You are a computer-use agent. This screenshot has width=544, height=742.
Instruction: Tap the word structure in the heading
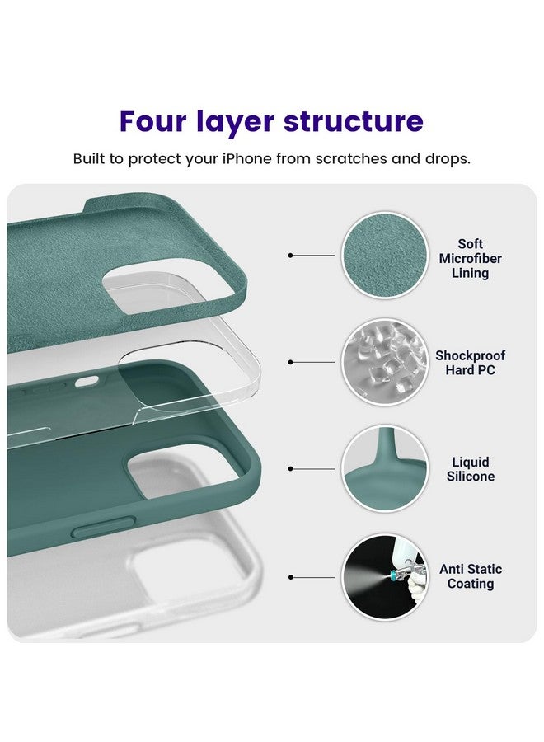point(353,122)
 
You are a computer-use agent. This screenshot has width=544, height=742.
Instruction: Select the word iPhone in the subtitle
point(247,158)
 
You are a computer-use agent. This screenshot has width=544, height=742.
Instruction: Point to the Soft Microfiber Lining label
point(470,258)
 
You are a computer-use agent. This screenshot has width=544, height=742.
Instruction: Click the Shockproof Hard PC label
point(470,363)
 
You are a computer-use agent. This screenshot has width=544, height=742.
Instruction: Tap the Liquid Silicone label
point(471,469)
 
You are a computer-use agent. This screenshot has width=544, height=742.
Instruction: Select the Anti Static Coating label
point(471,576)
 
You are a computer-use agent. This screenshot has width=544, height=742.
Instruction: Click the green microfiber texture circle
point(385,256)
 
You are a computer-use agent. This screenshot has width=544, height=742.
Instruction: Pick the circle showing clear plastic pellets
point(385,362)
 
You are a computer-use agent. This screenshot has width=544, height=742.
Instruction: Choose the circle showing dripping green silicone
point(385,468)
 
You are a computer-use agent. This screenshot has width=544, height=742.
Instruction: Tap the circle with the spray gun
point(385,577)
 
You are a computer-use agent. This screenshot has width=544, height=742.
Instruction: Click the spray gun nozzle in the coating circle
point(392,576)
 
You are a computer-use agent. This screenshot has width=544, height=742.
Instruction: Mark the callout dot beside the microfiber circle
point(290,256)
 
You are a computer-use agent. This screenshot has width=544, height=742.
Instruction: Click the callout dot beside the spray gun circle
point(290,577)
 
